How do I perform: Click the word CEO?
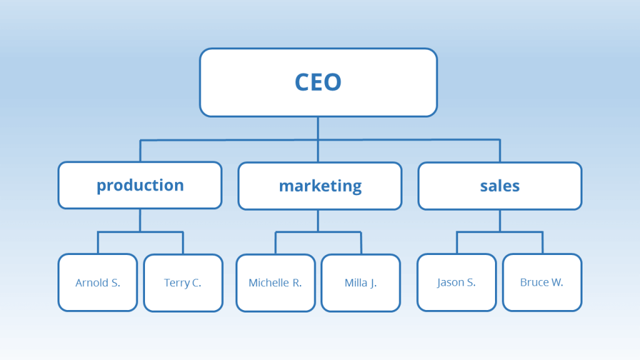[x=318, y=82]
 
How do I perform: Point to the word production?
[x=140, y=186]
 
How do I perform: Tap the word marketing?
[x=320, y=186]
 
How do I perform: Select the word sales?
[x=500, y=186]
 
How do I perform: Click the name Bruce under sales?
[x=534, y=282]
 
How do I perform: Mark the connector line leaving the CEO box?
[x=317, y=127]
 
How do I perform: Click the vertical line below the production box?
[x=140, y=220]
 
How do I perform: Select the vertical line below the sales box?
[x=500, y=221]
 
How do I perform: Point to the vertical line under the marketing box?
[x=317, y=221]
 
